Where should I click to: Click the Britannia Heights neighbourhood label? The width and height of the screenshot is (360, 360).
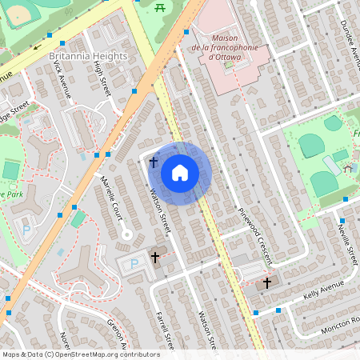coord(88,56)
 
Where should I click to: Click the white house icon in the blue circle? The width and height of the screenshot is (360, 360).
coord(180,172)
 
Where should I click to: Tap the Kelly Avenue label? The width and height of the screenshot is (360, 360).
coord(323,290)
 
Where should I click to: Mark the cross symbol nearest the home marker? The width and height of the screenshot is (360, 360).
coord(153,162)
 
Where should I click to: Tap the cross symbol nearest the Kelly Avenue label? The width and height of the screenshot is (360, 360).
coord(268,283)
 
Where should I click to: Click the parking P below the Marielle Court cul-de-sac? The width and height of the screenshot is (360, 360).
coord(133,265)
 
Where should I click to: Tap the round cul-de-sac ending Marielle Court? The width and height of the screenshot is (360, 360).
coord(125,234)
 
